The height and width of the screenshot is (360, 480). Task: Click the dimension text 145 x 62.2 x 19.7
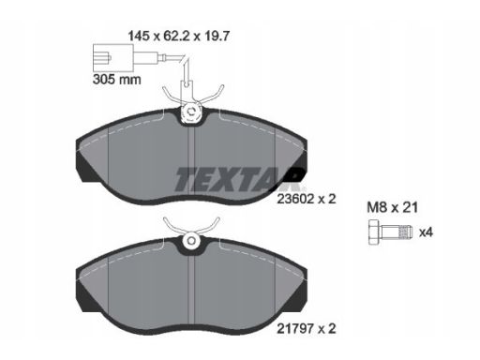coord(179,37)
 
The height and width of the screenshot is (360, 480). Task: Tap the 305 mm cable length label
coord(117,80)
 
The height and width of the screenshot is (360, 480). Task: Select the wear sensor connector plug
coord(113,58)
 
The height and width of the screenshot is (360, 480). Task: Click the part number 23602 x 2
coord(307,199)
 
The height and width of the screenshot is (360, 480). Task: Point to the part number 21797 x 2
coord(307,328)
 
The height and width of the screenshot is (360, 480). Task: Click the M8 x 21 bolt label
coord(392,207)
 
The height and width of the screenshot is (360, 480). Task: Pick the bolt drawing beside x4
coord(391,232)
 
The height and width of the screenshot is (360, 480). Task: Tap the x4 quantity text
coord(426,232)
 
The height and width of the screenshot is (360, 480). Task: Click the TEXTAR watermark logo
coord(239,179)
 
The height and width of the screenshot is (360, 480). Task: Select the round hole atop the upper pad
coord(191,112)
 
